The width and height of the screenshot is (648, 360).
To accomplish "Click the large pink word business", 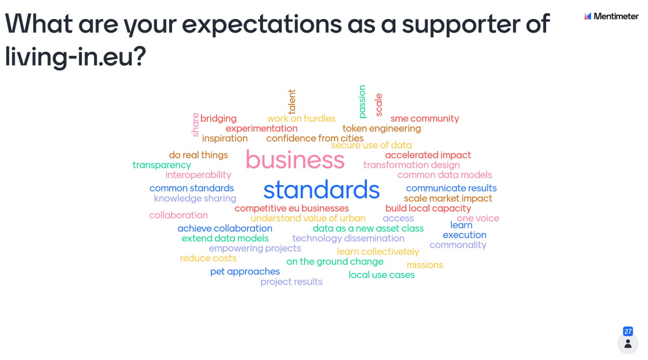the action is [295, 160].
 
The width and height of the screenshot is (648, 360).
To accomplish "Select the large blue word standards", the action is [321, 189].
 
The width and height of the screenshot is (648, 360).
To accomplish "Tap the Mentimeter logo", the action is [611, 16].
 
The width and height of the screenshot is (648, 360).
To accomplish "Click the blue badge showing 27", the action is [628, 331].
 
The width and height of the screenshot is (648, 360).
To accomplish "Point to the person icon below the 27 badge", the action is [628, 344].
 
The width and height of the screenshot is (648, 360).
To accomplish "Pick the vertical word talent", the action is [292, 101].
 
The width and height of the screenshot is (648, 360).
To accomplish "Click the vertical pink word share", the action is [196, 124].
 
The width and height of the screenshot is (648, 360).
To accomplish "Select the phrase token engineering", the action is [382, 129].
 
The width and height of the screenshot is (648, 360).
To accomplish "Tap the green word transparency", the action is [162, 165].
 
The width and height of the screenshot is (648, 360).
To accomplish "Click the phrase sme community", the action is [425, 119].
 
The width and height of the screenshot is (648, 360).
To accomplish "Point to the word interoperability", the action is [198, 175].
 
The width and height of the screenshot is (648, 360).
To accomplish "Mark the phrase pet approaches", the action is [245, 271].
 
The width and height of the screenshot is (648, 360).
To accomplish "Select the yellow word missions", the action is [425, 265].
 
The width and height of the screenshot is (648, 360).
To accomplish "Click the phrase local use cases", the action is [382, 274].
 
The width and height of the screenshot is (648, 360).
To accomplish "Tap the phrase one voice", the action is [478, 218].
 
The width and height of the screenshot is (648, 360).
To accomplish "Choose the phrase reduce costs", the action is [208, 258].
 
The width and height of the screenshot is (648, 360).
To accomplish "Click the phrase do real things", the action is [198, 155].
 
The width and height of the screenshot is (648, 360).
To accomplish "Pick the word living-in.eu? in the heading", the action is [75, 56].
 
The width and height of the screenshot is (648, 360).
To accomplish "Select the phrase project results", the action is [291, 282].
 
